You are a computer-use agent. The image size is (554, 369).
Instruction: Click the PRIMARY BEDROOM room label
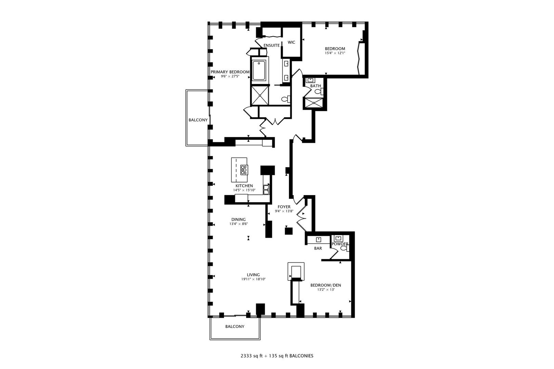(x=230, y=72)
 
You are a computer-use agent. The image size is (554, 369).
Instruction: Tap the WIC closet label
(x=291, y=42)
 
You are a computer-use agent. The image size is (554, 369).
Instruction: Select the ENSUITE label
(x=272, y=45)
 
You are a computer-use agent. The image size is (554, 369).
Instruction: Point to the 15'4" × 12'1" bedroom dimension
(x=335, y=53)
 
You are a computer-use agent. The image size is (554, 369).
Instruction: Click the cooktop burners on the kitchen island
(x=244, y=170)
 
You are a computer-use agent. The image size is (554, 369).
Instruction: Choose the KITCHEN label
(x=244, y=186)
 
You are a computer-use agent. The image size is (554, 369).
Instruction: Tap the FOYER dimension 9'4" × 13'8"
(x=284, y=211)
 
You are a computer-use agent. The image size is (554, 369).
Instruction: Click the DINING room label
(x=238, y=219)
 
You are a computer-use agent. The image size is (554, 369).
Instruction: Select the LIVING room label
(x=253, y=275)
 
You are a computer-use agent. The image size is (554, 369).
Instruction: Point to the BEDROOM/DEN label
(x=326, y=285)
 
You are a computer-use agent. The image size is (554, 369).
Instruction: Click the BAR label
(x=318, y=248)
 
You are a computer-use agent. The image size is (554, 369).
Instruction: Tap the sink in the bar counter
(x=318, y=240)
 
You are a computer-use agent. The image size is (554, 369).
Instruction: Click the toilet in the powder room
(x=345, y=248)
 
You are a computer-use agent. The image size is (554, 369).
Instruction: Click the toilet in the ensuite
(x=286, y=99)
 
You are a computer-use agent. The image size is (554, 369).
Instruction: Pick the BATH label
(x=316, y=86)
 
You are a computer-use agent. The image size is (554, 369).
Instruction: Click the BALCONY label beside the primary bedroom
(x=198, y=120)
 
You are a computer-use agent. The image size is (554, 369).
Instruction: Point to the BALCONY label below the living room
(x=235, y=327)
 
